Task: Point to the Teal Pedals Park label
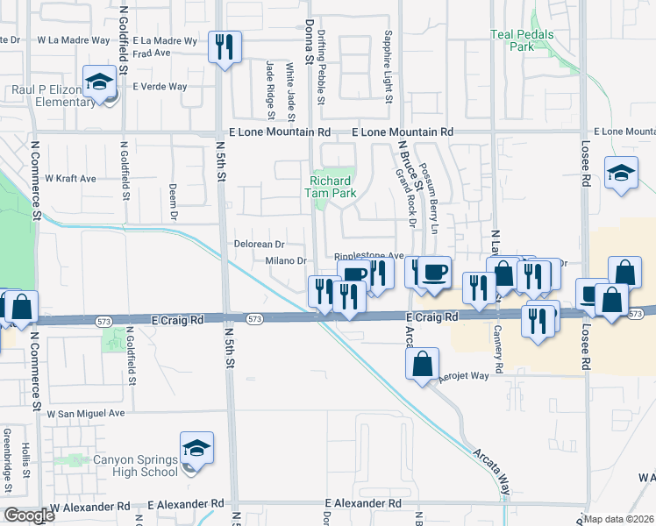(x=522, y=39)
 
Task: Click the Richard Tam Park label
(x=332, y=188)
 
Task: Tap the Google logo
(x=29, y=515)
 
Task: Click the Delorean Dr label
(x=259, y=244)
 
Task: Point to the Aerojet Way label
(x=463, y=375)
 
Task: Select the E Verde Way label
(x=160, y=87)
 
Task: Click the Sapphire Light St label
(x=387, y=66)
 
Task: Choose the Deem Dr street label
(x=174, y=202)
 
